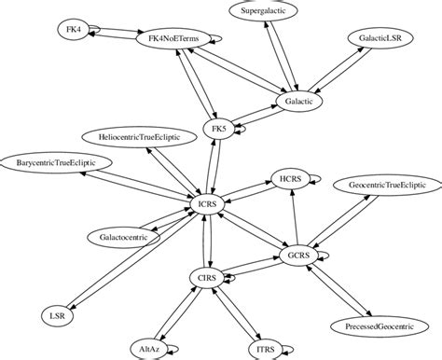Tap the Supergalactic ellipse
263,12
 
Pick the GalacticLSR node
381,41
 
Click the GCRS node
299,253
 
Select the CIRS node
207,277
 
